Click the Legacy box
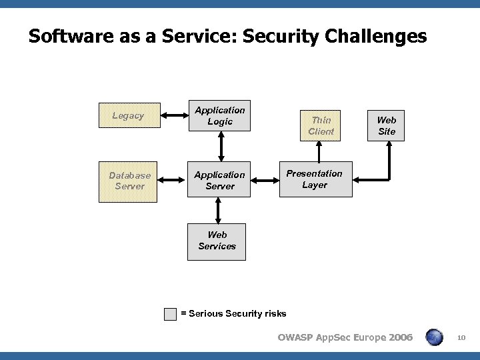coord(129,115)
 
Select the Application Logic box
coord(220,115)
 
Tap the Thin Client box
coord(321,125)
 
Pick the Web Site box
coord(386,125)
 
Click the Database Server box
coord(129,181)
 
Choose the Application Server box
coord(220,180)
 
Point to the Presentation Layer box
coord(315,179)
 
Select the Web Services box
coord(217,240)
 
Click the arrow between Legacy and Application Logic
coord(173,116)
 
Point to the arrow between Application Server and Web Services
coord(217,211)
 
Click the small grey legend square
coord(171,313)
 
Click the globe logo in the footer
coord(435,337)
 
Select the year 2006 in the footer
coord(397,337)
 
